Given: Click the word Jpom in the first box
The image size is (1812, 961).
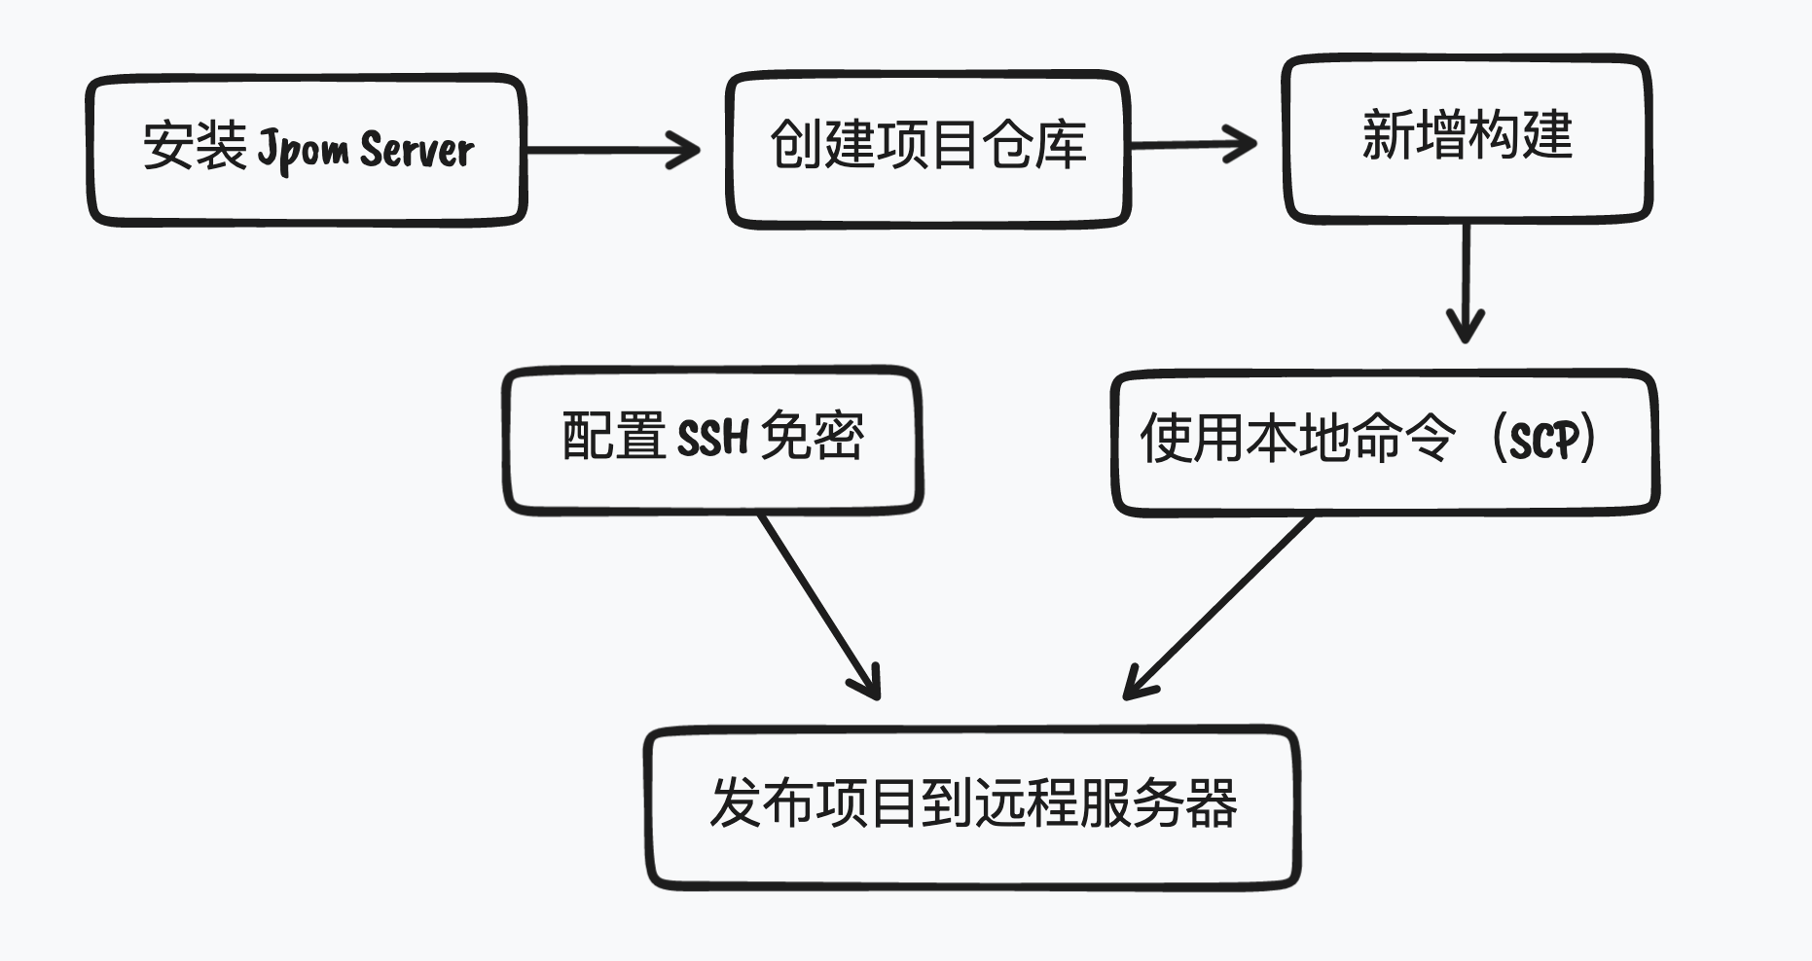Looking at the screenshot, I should tap(303, 149).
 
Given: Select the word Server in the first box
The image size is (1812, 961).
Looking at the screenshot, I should tap(417, 149).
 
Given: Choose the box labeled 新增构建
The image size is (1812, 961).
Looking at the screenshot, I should tap(1467, 136).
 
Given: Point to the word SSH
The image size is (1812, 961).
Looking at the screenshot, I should tap(712, 438).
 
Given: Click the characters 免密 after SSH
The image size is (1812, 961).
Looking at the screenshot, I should tap(812, 436).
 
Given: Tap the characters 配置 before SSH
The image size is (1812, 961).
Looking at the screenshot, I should tap(614, 436).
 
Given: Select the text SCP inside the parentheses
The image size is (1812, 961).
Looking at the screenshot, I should tap(1543, 441).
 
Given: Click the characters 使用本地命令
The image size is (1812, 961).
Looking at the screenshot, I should tap(1298, 439).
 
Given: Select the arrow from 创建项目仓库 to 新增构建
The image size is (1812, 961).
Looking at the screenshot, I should tap(1193, 145).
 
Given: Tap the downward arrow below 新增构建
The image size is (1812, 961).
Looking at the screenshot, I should tap(1466, 282).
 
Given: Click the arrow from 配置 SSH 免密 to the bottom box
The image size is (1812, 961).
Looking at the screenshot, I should tap(819, 607).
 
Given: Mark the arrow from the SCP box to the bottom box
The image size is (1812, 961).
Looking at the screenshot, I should tap(1218, 608).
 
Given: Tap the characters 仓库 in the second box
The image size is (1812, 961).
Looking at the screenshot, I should tap(1034, 146).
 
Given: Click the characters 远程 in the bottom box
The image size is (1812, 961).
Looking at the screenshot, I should tap(1025, 804).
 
